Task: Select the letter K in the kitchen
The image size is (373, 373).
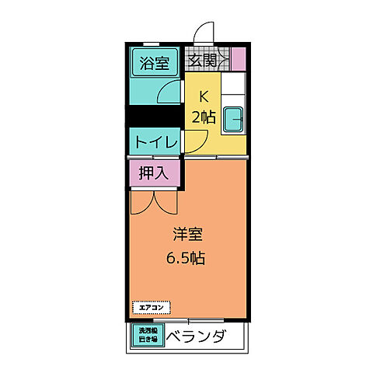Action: click(x=204, y=97)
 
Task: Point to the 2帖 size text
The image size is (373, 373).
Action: click(x=204, y=117)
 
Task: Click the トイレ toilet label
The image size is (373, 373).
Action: click(x=154, y=142)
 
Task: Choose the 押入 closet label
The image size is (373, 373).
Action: click(x=154, y=173)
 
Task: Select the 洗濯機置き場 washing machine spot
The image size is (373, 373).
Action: click(x=147, y=335)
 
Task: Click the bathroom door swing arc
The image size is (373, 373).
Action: click(x=167, y=92)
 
